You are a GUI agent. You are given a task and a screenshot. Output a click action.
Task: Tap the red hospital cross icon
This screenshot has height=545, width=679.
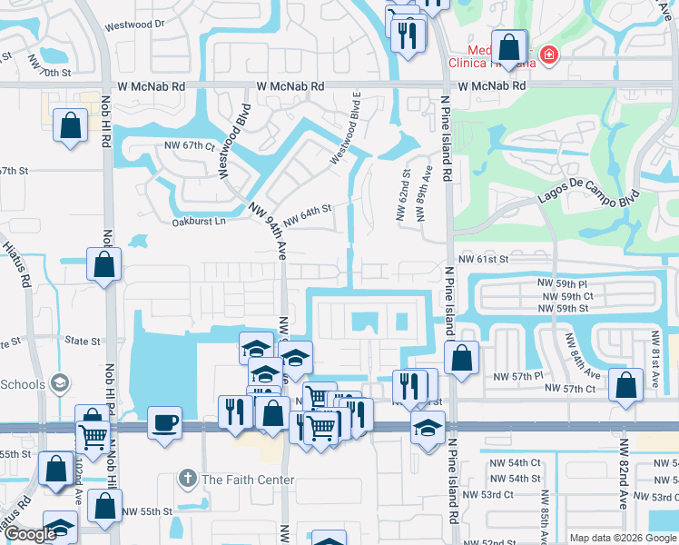pyautogui.click(x=547, y=56)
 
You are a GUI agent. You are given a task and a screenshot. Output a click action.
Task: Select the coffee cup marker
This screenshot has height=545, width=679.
pyautogui.click(x=164, y=422)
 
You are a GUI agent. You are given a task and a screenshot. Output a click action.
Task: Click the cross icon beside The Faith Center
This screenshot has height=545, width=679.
pyautogui.click(x=187, y=479)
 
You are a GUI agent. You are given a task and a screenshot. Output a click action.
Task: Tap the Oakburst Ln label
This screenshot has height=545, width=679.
pyautogui.click(x=197, y=222)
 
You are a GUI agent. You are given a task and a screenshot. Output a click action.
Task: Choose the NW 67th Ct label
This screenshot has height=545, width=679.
pyautogui.click(x=189, y=145)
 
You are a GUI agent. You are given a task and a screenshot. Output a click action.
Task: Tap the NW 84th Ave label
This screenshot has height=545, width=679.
pyautogui.click(x=580, y=356)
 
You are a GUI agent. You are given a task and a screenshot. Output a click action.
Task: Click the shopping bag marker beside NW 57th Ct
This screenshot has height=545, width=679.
pyautogui.click(x=625, y=385)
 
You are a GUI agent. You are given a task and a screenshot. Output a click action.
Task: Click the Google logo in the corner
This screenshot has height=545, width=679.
pyautogui.click(x=30, y=534)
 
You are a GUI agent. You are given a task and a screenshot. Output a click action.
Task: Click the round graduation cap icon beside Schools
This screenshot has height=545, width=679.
pyautogui.click(x=61, y=383)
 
